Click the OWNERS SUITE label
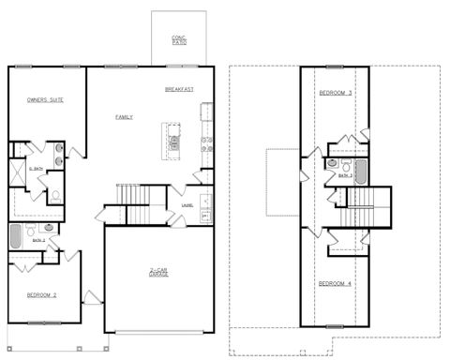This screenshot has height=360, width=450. click(x=45, y=98)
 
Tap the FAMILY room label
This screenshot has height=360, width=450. click(x=124, y=117)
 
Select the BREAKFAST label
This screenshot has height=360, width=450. click(x=178, y=89)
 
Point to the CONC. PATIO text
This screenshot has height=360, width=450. click(x=178, y=40)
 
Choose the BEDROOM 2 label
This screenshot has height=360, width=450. click(x=42, y=295)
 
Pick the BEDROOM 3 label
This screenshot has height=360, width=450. click(x=335, y=93)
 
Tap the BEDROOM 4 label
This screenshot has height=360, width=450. click(x=335, y=284)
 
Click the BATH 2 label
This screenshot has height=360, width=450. click(x=38, y=241)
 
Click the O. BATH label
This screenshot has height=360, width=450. click(x=35, y=169)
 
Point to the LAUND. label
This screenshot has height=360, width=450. click(x=187, y=206)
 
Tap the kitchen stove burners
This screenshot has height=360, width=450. click(x=207, y=143)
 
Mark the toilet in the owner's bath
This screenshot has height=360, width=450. click(x=55, y=195)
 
